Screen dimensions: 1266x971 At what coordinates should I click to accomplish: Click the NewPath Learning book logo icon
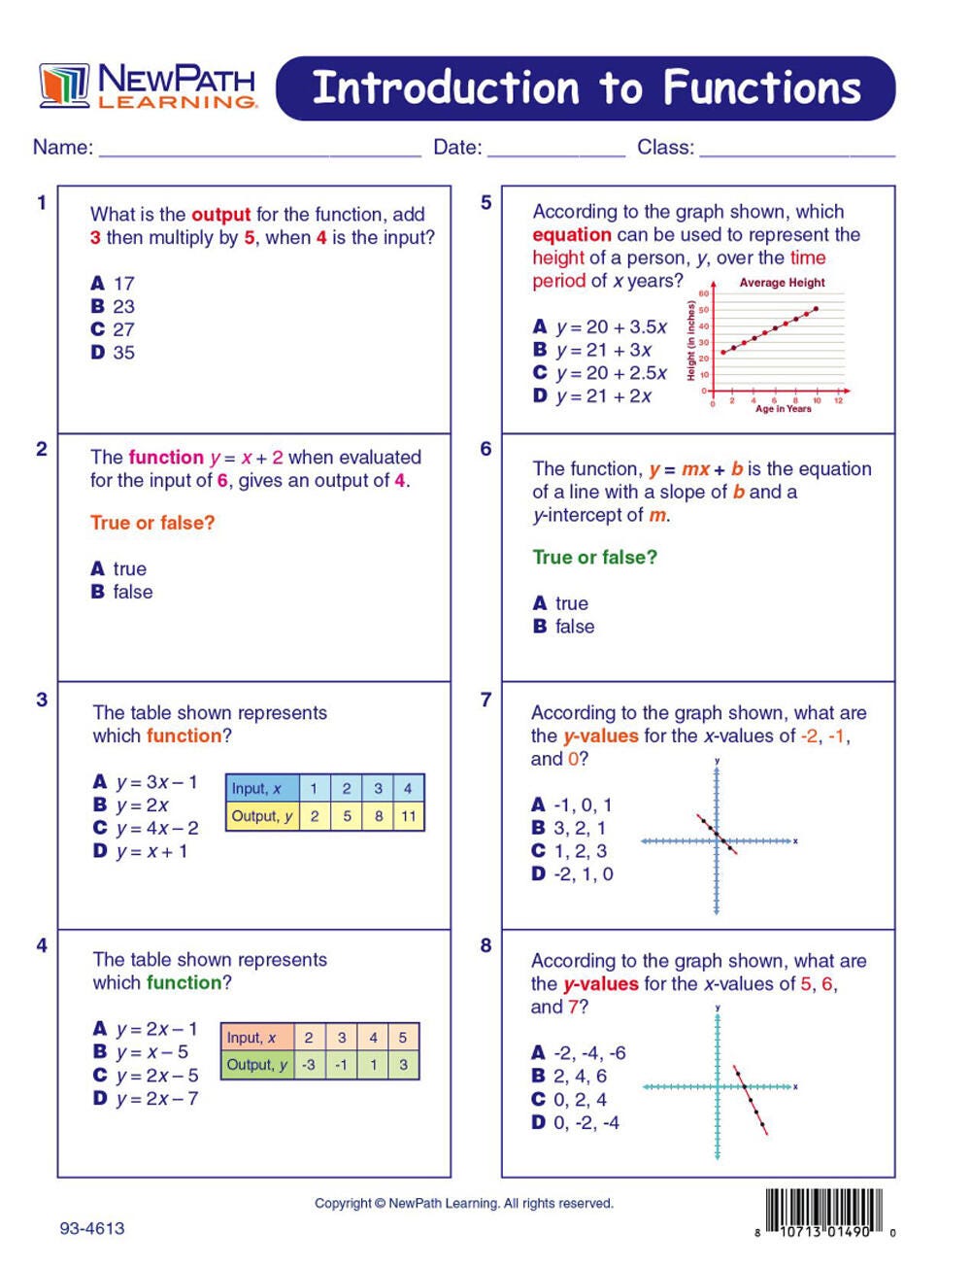[x=64, y=86]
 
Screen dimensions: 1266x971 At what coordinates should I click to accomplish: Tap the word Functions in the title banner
[x=762, y=88]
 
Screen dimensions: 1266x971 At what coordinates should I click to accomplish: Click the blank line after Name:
[x=259, y=152]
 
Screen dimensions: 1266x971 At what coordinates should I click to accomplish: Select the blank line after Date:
[x=556, y=152]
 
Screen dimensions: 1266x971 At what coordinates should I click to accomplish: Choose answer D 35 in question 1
[x=114, y=353]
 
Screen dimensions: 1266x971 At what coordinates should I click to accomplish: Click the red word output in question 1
[x=221, y=215]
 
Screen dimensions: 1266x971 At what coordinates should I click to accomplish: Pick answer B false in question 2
[x=122, y=592]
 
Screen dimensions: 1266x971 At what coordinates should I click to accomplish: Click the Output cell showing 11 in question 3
[x=409, y=816]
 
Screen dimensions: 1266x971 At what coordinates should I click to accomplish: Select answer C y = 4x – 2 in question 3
[x=146, y=828]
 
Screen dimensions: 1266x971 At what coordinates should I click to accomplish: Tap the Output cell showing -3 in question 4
[x=309, y=1065]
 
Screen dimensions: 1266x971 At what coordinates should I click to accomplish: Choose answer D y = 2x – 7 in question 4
[x=146, y=1099]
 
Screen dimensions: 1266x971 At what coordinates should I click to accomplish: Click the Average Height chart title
[x=782, y=283]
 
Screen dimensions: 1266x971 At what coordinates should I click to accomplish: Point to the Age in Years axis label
[x=783, y=409]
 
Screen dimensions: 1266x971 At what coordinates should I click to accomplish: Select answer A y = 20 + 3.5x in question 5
[x=600, y=327]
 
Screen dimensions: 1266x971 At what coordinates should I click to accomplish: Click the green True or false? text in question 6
[x=594, y=558]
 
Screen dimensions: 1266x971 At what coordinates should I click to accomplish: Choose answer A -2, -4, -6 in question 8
[x=579, y=1053]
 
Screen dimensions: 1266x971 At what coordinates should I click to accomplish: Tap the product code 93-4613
[x=92, y=1228]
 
